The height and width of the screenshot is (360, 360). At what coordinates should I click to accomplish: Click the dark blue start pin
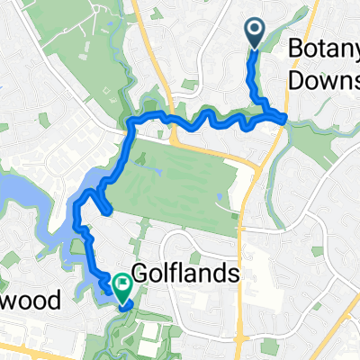[255, 34]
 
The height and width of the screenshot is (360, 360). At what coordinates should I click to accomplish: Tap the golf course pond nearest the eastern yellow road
[219, 195]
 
